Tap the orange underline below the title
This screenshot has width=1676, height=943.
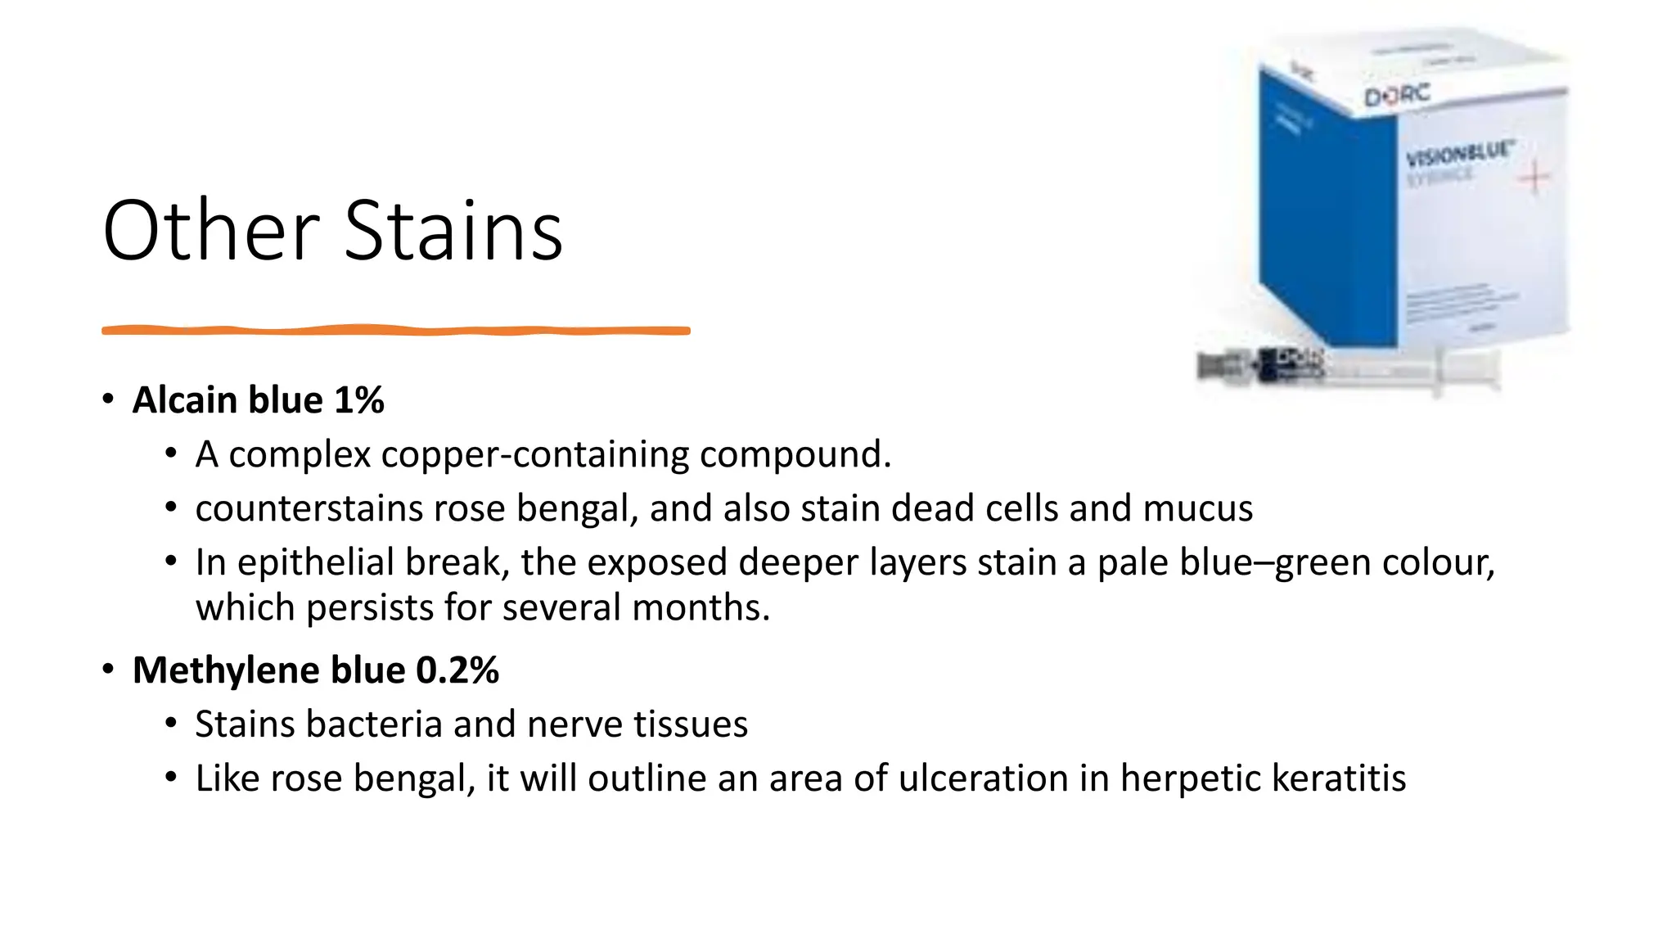395,331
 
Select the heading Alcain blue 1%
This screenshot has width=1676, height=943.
258,400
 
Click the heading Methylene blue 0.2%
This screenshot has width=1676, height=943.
315,670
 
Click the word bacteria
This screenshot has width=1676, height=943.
388,724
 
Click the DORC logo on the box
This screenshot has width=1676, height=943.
1396,95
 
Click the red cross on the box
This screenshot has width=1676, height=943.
1534,178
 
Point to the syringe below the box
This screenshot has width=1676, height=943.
1350,370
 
